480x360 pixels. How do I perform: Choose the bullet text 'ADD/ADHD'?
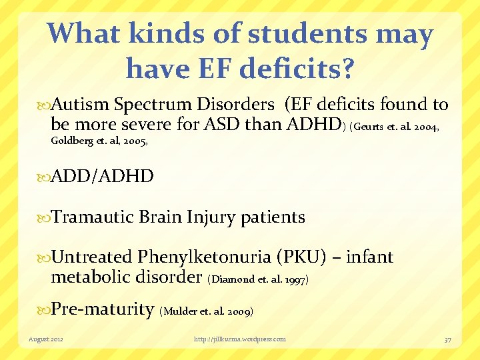click(103, 177)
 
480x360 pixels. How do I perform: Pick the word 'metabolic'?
click(91, 276)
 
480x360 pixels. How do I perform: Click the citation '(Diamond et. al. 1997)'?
click(258, 279)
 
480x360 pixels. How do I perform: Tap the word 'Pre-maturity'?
click(103, 309)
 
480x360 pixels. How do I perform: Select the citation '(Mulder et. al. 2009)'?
click(207, 311)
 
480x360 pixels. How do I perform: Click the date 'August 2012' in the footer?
click(47, 339)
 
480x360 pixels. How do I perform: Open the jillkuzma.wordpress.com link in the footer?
click(239, 339)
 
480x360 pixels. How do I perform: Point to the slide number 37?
click(447, 339)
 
